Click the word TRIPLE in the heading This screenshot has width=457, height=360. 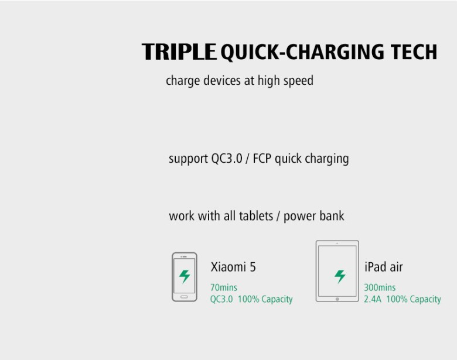pyautogui.click(x=179, y=52)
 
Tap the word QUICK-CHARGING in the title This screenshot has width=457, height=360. pyautogui.click(x=302, y=53)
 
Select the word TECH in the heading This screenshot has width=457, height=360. pyautogui.click(x=414, y=52)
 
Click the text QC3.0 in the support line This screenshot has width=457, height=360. pyautogui.click(x=227, y=159)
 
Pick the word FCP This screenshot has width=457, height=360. pyautogui.click(x=262, y=159)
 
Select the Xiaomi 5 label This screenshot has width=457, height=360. pyautogui.click(x=233, y=267)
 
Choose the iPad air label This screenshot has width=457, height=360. pyautogui.click(x=384, y=267)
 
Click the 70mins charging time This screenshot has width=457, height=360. pyautogui.click(x=224, y=288)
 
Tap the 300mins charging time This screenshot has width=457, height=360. pyautogui.click(x=380, y=288)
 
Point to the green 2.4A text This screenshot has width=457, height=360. pyautogui.click(x=373, y=300)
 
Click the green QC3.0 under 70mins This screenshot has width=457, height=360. pyautogui.click(x=221, y=300)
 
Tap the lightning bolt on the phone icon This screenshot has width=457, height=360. pyautogui.click(x=185, y=276)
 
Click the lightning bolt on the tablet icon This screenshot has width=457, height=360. pyautogui.click(x=340, y=276)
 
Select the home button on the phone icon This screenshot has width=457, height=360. pyautogui.click(x=184, y=297)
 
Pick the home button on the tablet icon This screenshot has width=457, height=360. pyautogui.click(x=337, y=299)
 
